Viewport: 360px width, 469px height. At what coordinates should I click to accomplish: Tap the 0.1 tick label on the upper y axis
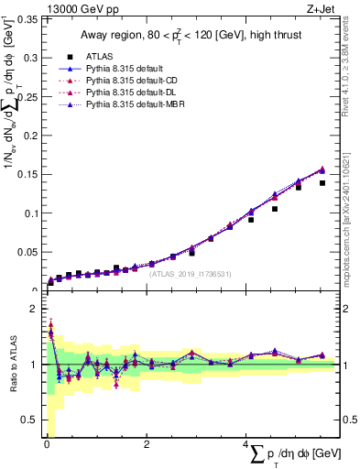(30, 213)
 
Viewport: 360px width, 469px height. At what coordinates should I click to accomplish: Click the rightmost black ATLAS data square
(322, 183)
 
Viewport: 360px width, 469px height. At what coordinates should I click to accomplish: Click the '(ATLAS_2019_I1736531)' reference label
(183, 273)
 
